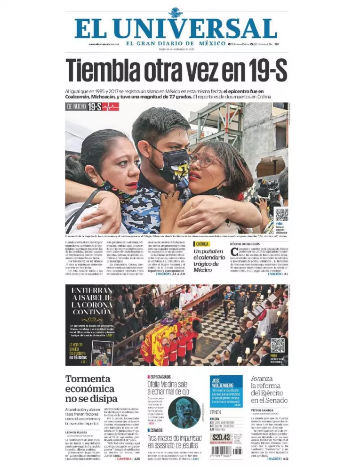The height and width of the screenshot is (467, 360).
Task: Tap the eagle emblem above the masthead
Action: (176, 12)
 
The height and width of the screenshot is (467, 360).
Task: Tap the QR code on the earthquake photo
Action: (281, 215)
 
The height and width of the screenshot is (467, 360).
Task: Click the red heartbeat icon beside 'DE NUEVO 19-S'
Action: (111, 107)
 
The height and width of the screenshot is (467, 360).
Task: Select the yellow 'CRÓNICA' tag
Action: (202, 244)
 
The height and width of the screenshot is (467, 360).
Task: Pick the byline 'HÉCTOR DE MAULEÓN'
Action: (245, 244)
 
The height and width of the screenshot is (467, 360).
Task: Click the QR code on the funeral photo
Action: (277, 346)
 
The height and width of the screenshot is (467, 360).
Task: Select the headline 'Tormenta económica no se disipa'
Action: (90, 389)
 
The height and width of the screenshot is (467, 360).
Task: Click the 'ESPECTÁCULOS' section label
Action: (161, 377)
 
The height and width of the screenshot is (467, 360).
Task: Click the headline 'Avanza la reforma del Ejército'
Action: (269, 390)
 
